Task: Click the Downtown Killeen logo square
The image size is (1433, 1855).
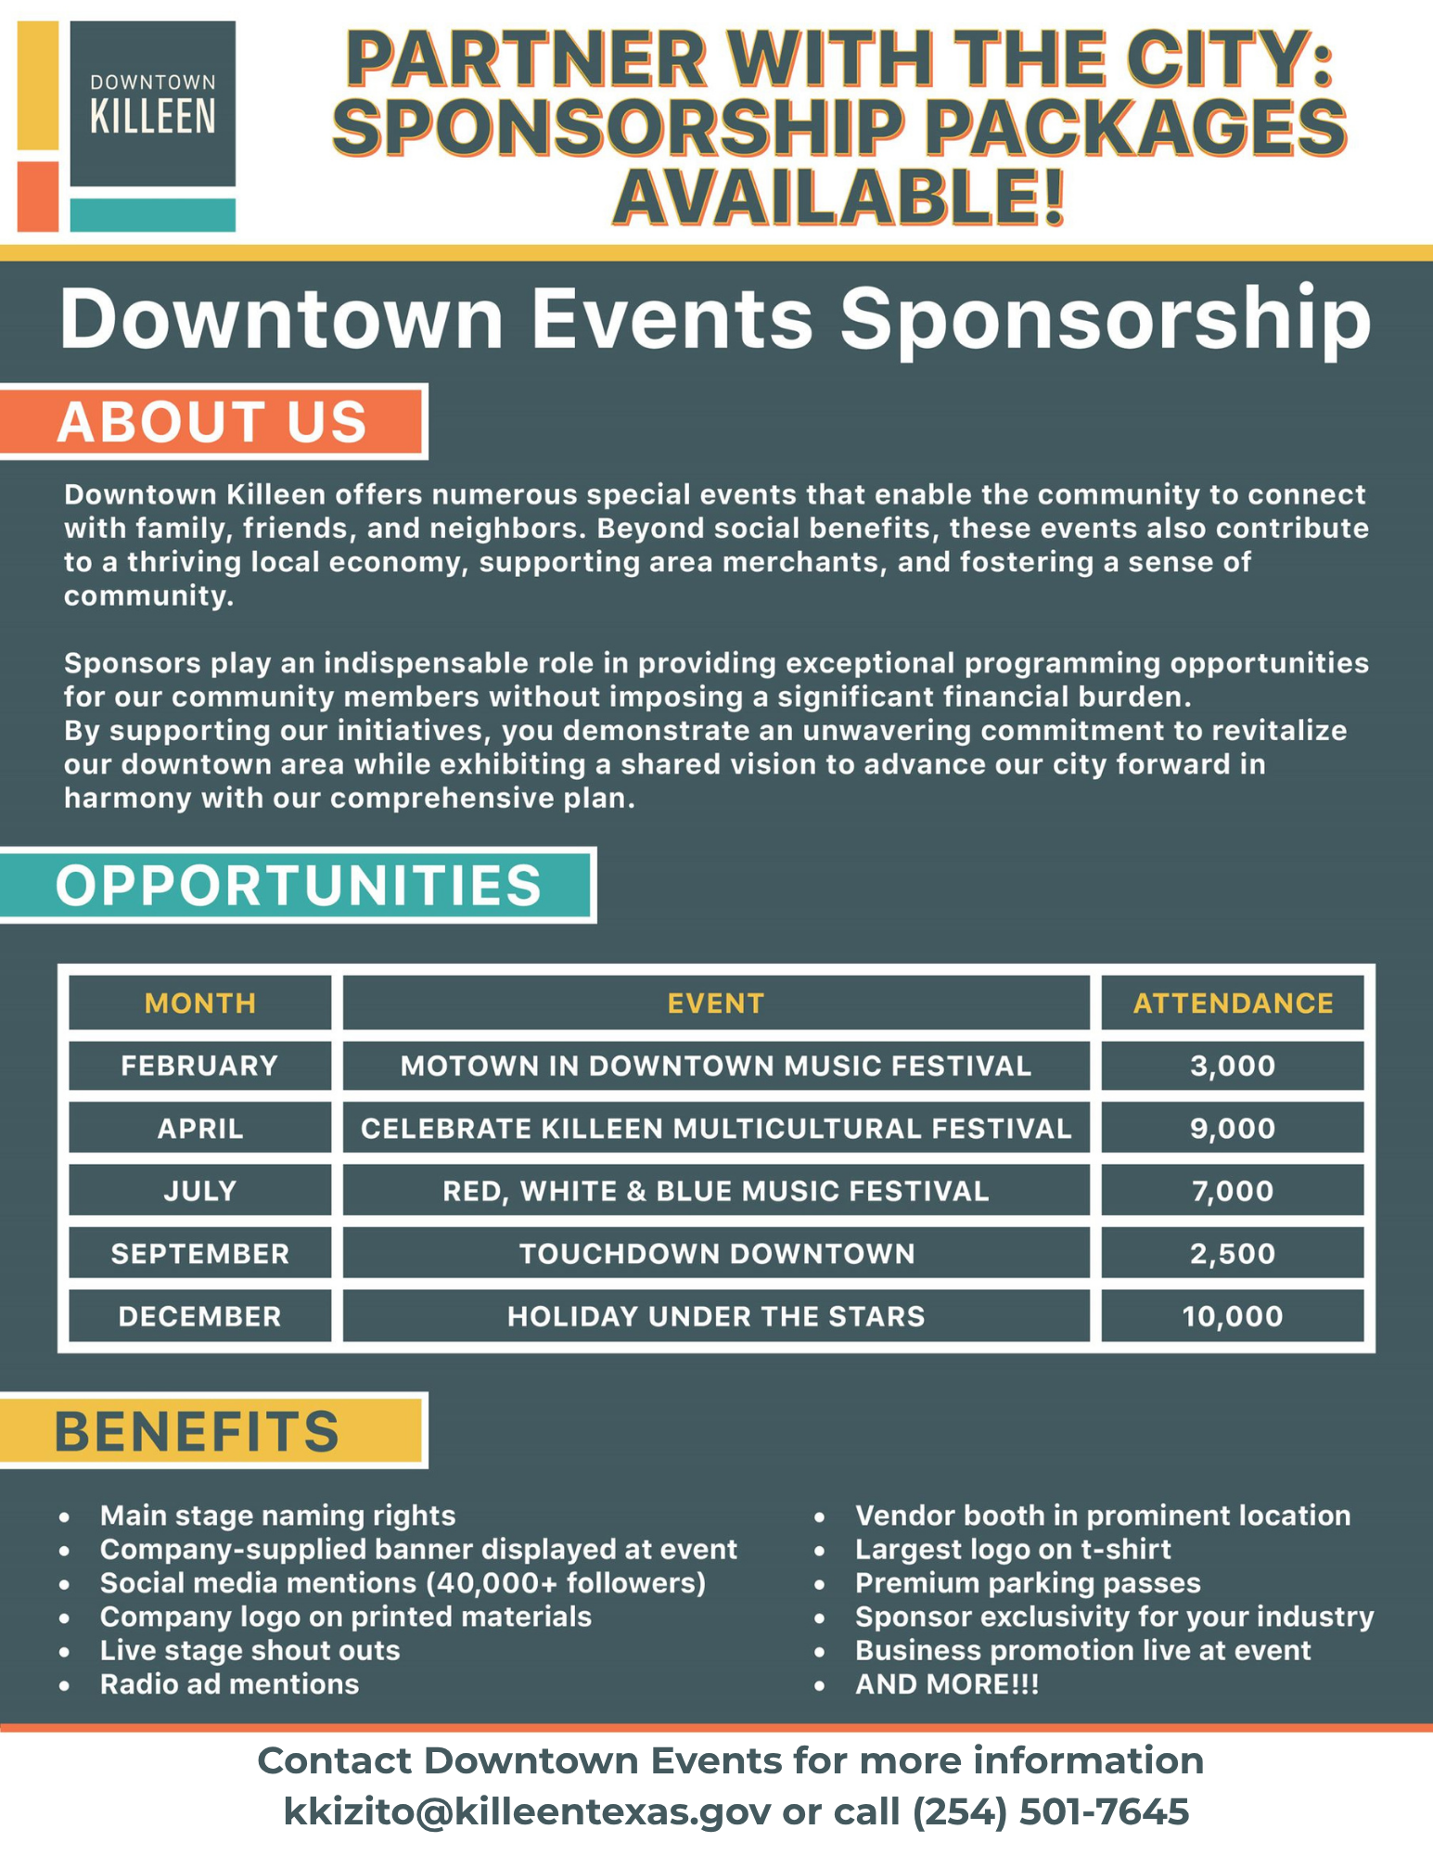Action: pos(152,104)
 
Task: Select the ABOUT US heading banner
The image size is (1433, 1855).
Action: pos(212,422)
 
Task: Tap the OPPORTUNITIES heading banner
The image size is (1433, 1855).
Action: pos(298,885)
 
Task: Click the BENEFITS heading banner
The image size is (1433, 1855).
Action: pos(212,1430)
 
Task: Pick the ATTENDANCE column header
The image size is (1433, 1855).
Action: pos(1233,1003)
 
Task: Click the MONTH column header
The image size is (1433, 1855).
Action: pos(200,1003)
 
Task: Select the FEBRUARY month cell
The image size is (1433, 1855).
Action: pos(200,1066)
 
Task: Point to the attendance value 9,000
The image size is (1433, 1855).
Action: pos(1233,1128)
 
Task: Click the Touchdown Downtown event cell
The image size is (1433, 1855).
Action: pos(716,1253)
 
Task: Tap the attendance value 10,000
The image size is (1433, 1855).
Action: pos(1233,1316)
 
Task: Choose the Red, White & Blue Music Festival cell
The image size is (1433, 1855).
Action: pos(716,1191)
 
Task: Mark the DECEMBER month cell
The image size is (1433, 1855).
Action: pos(200,1316)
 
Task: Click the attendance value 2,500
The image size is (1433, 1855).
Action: pos(1233,1253)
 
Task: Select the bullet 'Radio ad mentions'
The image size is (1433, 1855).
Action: pos(229,1683)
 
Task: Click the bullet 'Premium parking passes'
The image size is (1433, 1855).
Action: pos(1028,1582)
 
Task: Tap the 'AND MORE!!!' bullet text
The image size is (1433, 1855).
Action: pos(947,1683)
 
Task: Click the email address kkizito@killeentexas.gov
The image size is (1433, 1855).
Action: pos(526,1811)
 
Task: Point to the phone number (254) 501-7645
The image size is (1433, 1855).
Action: pos(1050,1811)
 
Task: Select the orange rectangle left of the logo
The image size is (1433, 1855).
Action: pos(38,197)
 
